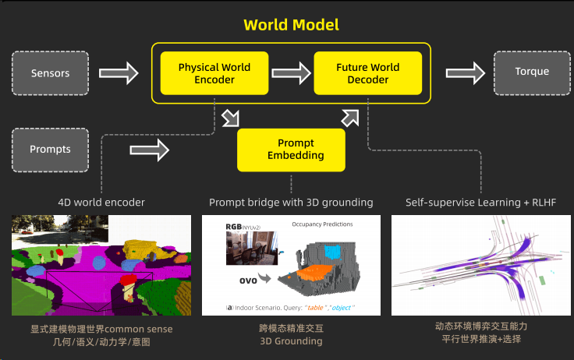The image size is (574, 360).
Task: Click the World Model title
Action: pyautogui.click(x=291, y=24)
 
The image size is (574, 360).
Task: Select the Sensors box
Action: pyautogui.click(x=50, y=73)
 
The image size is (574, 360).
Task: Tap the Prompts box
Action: pyautogui.click(x=50, y=149)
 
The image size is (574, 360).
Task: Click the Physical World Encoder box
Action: pyautogui.click(x=214, y=73)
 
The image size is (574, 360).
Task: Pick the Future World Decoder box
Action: pyautogui.click(x=367, y=73)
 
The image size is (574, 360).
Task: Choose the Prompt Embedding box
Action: pyautogui.click(x=291, y=149)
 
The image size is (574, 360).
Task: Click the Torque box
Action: pyautogui.click(x=532, y=72)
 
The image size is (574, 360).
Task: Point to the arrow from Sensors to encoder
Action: pyautogui.click(x=120, y=74)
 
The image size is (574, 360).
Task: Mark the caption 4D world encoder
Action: pyautogui.click(x=101, y=203)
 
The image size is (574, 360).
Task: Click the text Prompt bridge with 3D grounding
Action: pyautogui.click(x=291, y=203)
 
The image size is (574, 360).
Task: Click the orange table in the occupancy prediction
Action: pyautogui.click(x=310, y=274)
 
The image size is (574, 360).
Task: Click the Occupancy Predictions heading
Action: pyautogui.click(x=322, y=224)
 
